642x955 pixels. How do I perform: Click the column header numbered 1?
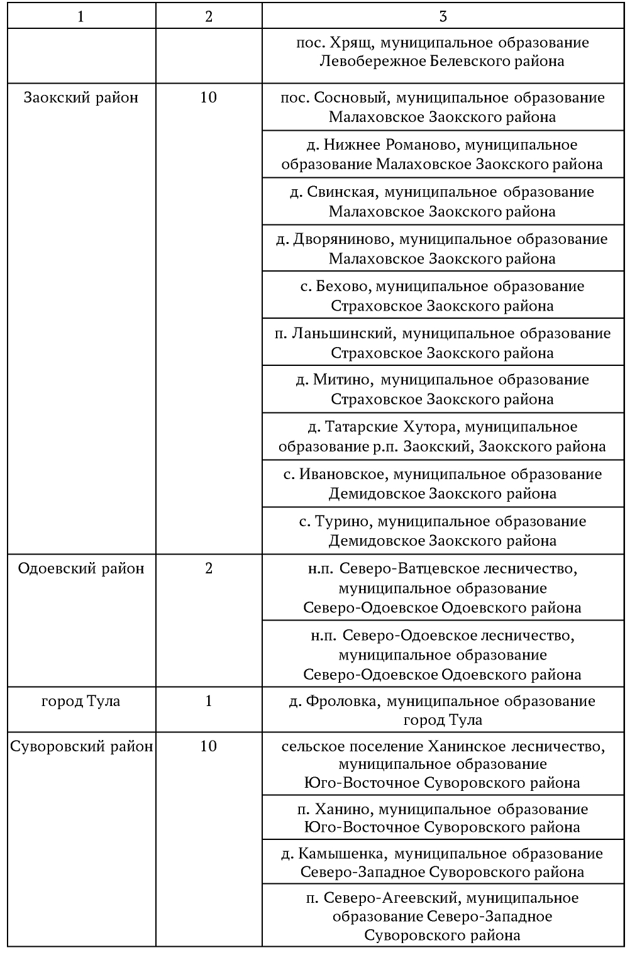click(80, 17)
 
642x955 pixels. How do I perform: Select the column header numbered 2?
click(208, 17)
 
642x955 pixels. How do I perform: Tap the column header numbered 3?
click(443, 17)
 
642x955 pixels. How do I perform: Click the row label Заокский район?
click(80, 97)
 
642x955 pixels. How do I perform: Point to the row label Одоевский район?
click(80, 568)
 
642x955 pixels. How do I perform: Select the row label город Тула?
click(80, 701)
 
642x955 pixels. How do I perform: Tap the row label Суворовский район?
click(82, 746)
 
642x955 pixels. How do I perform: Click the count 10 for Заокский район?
click(208, 97)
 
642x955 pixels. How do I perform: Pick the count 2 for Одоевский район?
click(208, 568)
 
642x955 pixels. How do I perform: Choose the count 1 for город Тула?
click(208, 701)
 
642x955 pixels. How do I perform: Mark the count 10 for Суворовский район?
click(208, 746)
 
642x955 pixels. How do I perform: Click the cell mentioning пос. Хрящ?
click(443, 52)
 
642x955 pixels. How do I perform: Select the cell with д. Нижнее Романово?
click(443, 155)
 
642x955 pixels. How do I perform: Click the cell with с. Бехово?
click(443, 295)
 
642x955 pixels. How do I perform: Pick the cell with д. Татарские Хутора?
click(443, 436)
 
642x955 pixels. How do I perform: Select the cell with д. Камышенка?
click(443, 863)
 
